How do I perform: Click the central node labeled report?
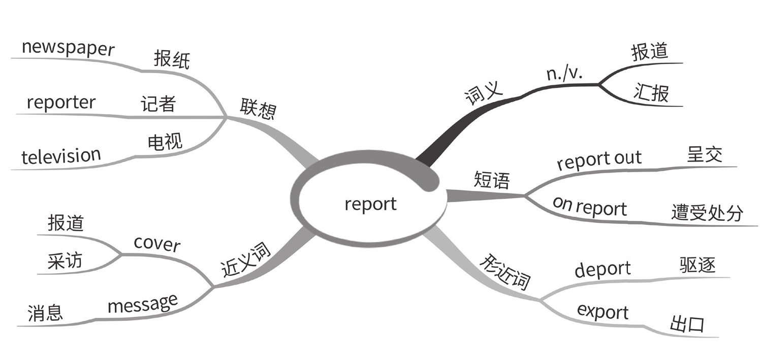[370, 204]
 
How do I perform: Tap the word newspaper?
[68, 48]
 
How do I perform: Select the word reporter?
[61, 103]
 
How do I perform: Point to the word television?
[61, 156]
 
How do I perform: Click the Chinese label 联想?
[258, 109]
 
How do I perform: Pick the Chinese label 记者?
[158, 104]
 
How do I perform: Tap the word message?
[143, 304]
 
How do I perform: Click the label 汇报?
[651, 93]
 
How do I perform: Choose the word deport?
[603, 269]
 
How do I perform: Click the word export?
[603, 312]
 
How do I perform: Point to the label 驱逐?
[697, 266]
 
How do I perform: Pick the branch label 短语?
[491, 180]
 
